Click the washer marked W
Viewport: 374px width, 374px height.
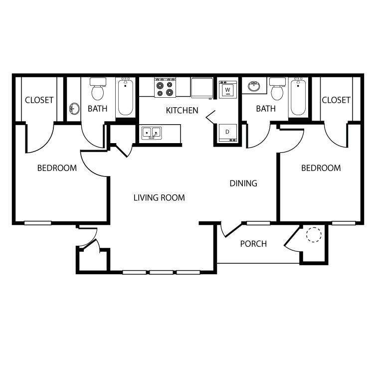click(x=228, y=90)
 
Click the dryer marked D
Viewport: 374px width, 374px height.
click(x=228, y=133)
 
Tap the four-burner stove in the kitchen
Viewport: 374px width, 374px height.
click(x=165, y=88)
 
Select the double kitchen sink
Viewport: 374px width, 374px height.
click(x=152, y=133)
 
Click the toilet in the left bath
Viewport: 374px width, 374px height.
click(x=98, y=89)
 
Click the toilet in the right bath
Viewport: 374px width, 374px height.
click(x=277, y=89)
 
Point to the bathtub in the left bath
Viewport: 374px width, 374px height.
click(x=126, y=97)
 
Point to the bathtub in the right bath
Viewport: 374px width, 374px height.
click(x=298, y=97)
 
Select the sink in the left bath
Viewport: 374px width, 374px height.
click(x=74, y=109)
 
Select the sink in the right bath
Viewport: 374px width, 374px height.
click(x=254, y=86)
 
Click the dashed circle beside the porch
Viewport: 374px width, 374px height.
click(x=314, y=234)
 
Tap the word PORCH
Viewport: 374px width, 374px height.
click(x=253, y=244)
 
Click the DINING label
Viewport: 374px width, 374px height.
click(x=243, y=183)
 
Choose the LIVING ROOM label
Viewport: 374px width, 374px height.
click(x=159, y=198)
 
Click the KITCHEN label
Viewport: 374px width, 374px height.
click(x=182, y=110)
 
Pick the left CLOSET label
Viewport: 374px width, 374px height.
click(x=39, y=100)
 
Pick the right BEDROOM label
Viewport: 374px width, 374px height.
click(x=321, y=168)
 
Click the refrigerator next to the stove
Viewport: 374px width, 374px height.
click(x=202, y=87)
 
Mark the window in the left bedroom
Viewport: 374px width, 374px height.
click(x=38, y=223)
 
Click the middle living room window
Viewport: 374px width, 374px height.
click(x=161, y=272)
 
